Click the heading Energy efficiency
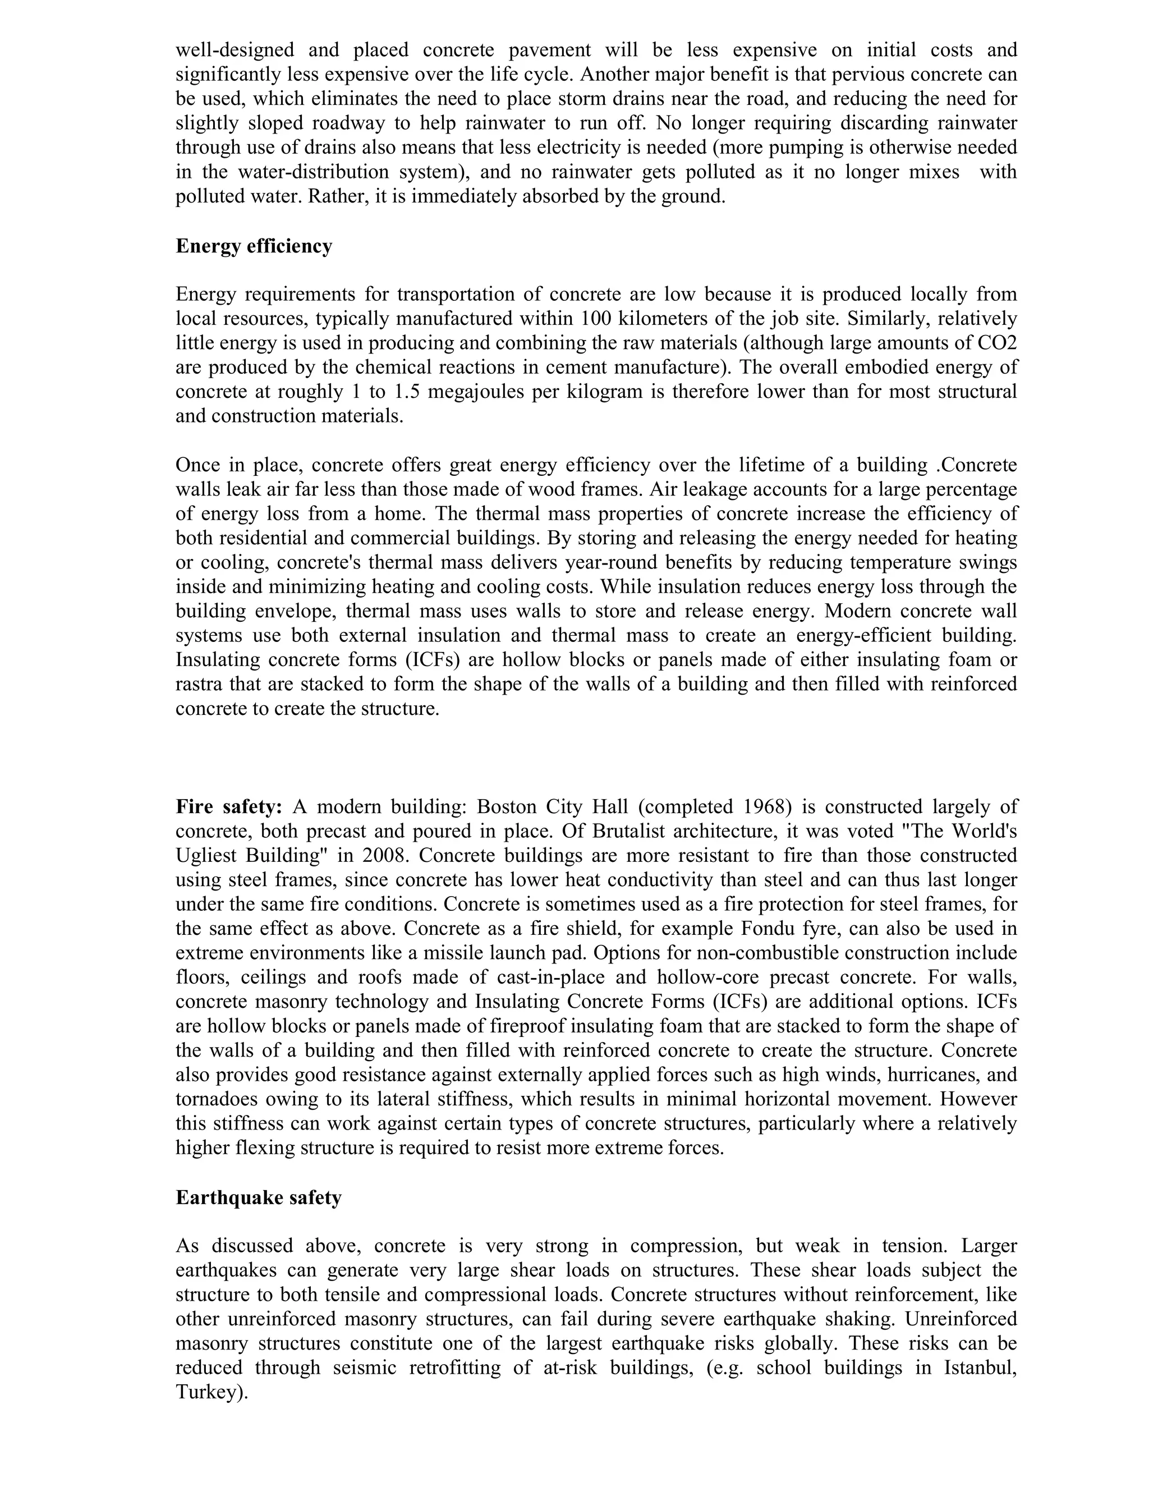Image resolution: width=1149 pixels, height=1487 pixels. pos(254,246)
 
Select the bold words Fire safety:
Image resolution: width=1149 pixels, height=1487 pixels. pos(229,807)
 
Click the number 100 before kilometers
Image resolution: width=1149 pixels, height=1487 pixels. pos(598,319)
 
